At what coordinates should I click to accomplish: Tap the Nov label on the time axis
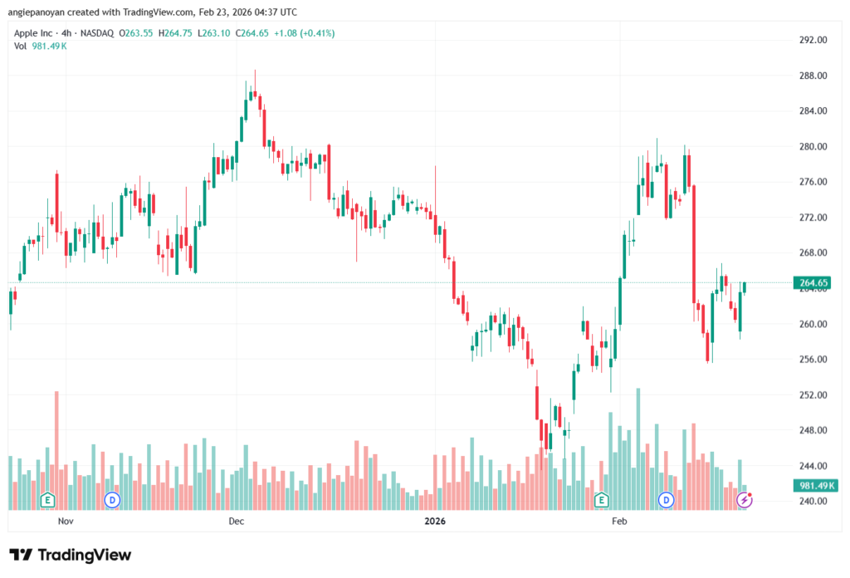pos(67,522)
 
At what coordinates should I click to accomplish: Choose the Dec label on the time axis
pos(236,522)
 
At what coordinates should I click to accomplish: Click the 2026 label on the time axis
pos(435,522)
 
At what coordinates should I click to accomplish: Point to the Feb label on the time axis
pos(618,522)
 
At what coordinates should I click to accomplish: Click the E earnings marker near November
pos(47,500)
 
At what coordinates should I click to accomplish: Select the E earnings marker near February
pos(601,500)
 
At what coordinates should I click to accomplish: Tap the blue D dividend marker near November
pos(112,500)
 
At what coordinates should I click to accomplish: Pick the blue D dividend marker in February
pos(666,500)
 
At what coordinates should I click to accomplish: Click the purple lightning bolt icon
pos(745,500)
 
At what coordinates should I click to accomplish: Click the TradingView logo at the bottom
pos(71,555)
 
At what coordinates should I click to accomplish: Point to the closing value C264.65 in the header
pos(256,33)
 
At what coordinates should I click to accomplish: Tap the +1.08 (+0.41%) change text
pos(308,33)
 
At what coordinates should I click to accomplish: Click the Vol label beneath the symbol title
pos(21,46)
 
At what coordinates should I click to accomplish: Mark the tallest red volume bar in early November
pos(56,448)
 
